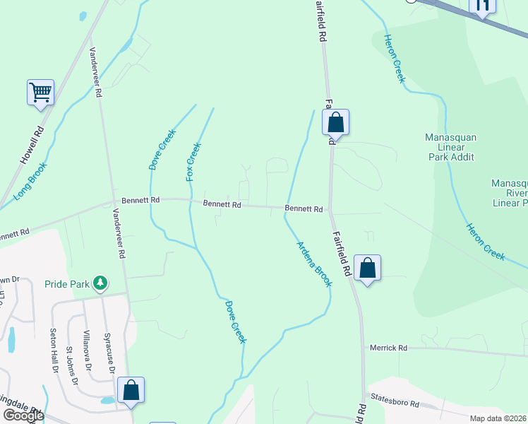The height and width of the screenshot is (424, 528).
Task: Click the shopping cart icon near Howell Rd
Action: coord(40,93)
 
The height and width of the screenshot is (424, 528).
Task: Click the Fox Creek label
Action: coord(193,161)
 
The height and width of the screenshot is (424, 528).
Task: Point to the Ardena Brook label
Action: coord(313,264)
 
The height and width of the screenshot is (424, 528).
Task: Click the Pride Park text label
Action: coord(67,284)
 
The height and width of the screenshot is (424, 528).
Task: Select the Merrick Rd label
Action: coord(389,348)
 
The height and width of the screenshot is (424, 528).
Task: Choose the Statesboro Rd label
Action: coord(395,404)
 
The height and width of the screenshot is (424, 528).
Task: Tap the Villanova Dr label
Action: coord(86,350)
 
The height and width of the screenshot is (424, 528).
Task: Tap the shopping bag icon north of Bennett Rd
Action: coord(336,123)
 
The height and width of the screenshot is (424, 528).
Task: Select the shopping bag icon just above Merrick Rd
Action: coord(367,269)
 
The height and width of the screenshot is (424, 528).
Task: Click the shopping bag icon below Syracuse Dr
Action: coord(131,390)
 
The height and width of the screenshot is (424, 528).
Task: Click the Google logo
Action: coord(23,416)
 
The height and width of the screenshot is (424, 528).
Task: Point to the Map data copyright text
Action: coord(498,418)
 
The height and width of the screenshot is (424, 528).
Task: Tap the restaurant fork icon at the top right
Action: coord(483,6)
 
